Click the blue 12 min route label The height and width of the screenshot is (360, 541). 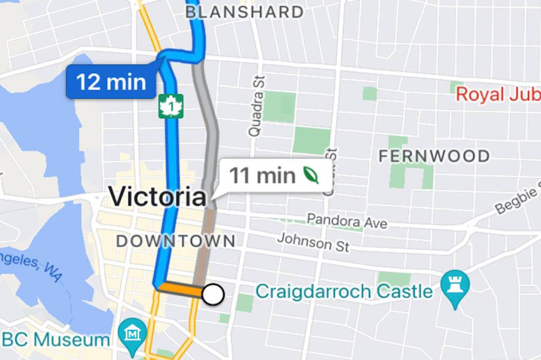tap(111, 82)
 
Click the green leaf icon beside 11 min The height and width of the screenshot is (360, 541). tap(311, 175)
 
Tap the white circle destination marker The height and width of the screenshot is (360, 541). tap(213, 295)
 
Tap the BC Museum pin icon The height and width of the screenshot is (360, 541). tap(132, 334)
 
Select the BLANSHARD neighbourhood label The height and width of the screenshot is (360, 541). tap(245, 12)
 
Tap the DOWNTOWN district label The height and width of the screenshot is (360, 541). tap(175, 241)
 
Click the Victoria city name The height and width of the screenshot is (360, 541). tap(157, 197)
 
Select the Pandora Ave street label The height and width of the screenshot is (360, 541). tap(347, 221)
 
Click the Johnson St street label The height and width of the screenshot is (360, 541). tap(313, 242)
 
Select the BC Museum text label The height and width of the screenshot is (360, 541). tap(55, 339)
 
